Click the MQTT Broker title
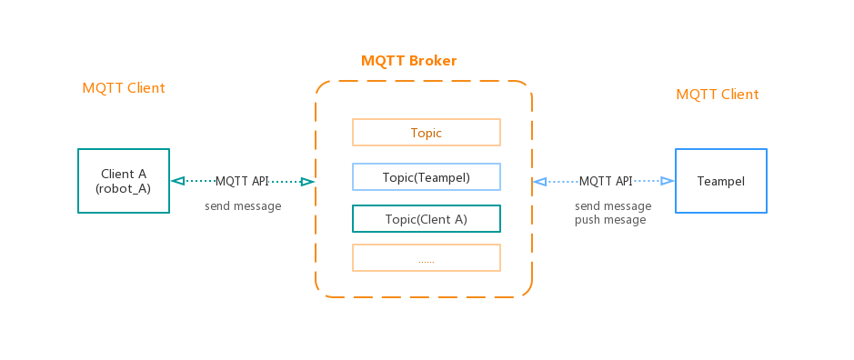pyautogui.click(x=408, y=61)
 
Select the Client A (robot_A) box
pyautogui.click(x=124, y=181)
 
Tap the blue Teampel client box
pyautogui.click(x=720, y=181)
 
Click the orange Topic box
pyautogui.click(x=426, y=133)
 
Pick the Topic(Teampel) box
pyautogui.click(x=426, y=176)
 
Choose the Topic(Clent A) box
pyautogui.click(x=426, y=218)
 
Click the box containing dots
pyautogui.click(x=426, y=258)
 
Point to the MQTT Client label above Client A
pyautogui.click(x=124, y=88)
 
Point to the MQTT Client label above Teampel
pyautogui.click(x=717, y=95)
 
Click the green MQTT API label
pyautogui.click(x=242, y=182)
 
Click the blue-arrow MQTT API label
pyautogui.click(x=606, y=182)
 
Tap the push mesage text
pyautogui.click(x=610, y=220)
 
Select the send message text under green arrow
pyautogui.click(x=243, y=206)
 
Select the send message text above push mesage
pyautogui.click(x=613, y=206)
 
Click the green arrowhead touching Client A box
pyautogui.click(x=177, y=182)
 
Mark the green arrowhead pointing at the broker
pyautogui.click(x=307, y=182)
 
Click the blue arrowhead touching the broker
pyautogui.click(x=539, y=182)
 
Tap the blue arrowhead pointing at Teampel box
pyautogui.click(x=667, y=182)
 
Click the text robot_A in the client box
pyautogui.click(x=124, y=189)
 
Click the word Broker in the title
pyautogui.click(x=434, y=61)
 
